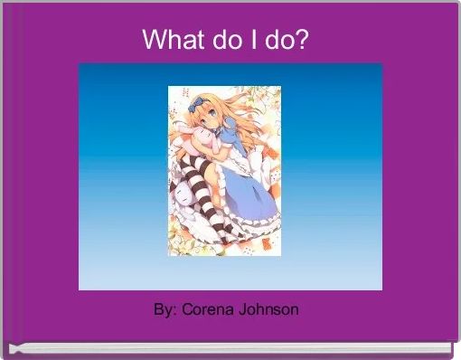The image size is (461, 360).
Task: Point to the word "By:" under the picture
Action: tap(165, 310)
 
